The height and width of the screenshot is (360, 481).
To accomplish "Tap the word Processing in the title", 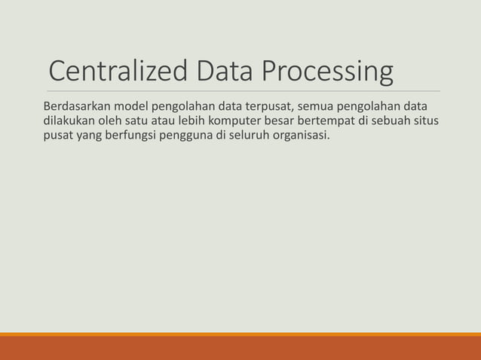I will click(327, 73).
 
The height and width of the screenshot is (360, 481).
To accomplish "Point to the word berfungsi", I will click(130, 136).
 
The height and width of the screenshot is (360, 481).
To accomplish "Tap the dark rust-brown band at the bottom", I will click(240, 349).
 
